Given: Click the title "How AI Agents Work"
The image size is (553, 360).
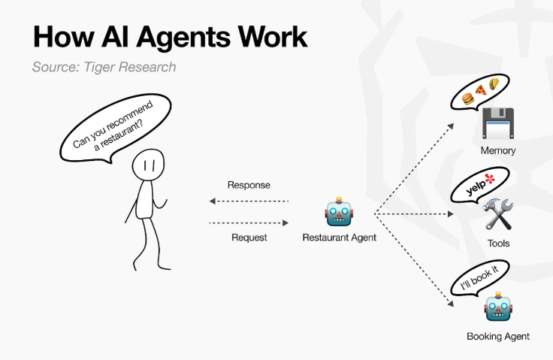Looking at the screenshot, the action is click(171, 38).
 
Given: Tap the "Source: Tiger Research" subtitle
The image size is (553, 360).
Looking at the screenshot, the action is click(104, 67).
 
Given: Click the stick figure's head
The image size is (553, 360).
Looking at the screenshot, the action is click(148, 165).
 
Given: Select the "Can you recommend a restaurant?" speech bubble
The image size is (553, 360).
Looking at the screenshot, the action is click(115, 128).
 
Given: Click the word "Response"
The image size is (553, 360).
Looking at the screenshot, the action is click(249, 185).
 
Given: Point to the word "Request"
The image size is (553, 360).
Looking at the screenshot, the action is click(249, 237).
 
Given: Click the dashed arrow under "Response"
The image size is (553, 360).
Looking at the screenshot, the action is click(249, 201).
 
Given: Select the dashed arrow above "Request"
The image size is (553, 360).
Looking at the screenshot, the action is click(249, 222).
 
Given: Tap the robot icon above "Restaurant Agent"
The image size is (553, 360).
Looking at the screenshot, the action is click(339, 211).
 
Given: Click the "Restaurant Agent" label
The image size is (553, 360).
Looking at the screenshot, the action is click(340, 237).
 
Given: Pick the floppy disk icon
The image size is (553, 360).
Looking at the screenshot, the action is click(498, 123).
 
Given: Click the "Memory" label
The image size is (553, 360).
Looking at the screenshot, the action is click(498, 151).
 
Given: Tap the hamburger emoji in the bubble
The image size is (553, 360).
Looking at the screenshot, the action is click(468, 98).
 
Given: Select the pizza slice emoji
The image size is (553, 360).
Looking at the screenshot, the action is click(481, 90).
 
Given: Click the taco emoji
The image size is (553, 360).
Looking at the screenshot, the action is click(494, 83).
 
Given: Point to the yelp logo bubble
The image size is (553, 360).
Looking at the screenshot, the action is click(479, 186).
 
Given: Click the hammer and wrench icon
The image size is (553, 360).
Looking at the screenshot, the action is click(499, 214).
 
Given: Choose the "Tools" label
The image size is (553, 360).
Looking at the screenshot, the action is click(498, 244).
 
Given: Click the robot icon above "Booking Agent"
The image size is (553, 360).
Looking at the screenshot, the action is click(498, 307).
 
